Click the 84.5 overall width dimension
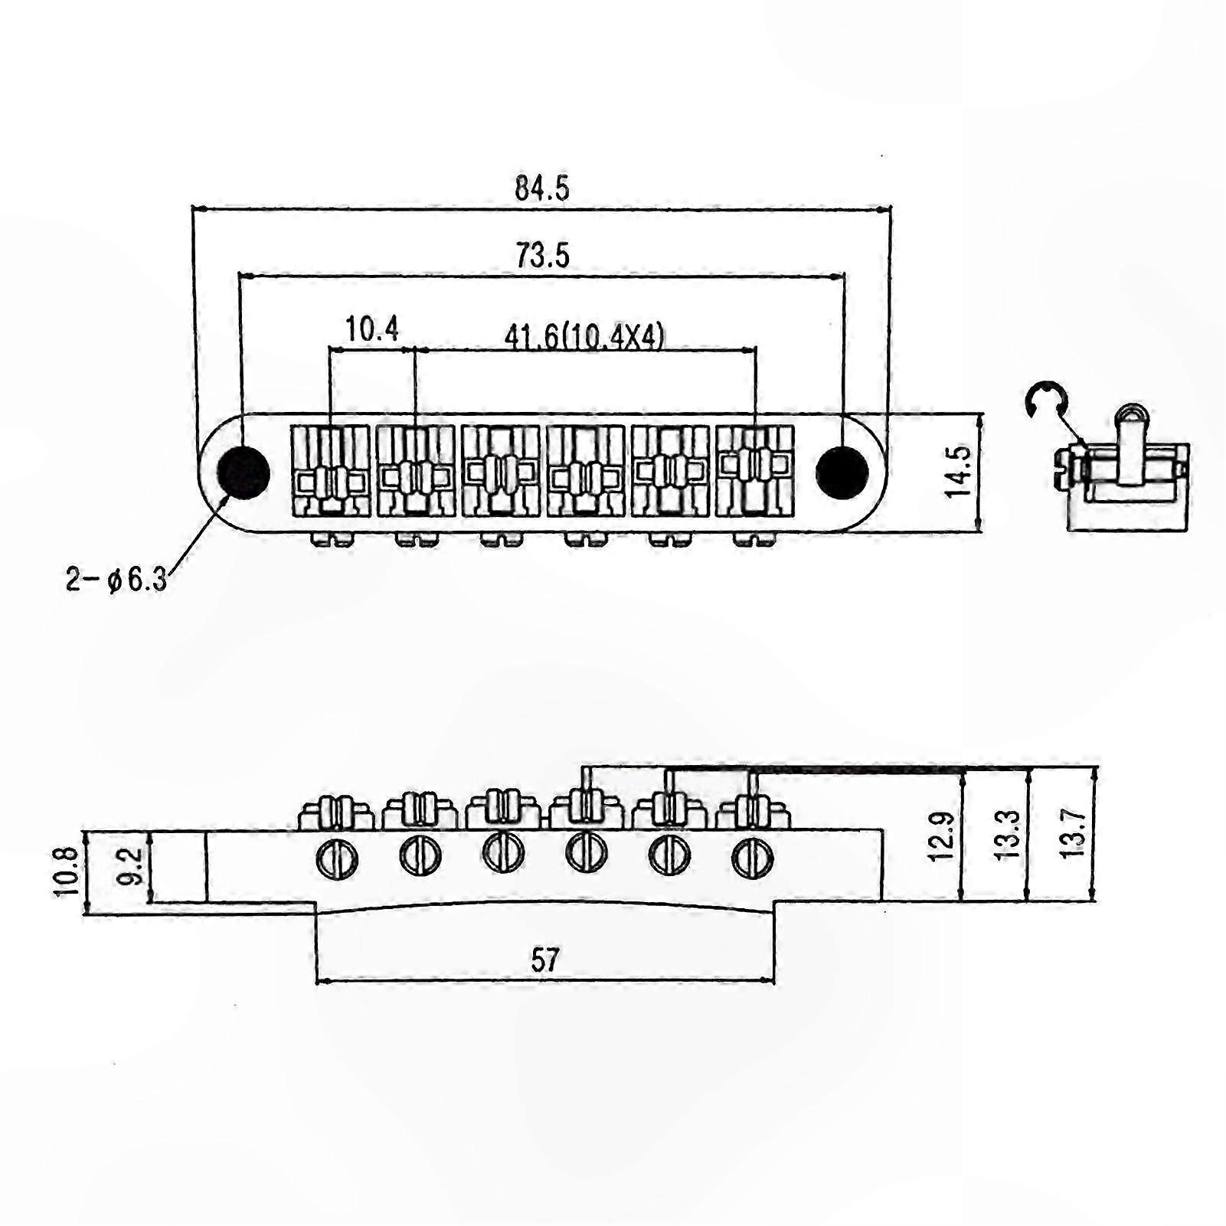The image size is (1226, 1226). [x=542, y=188]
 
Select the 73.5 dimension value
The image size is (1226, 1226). [x=542, y=255]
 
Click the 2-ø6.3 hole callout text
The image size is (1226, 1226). [x=116, y=580]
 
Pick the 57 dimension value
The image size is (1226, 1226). [x=545, y=960]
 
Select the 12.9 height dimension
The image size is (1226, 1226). [x=941, y=836]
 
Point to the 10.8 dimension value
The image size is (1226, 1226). [x=67, y=871]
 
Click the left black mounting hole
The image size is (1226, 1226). [x=244, y=472]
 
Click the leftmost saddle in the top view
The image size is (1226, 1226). [x=331, y=471]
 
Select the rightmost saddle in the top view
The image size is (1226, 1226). [x=755, y=471]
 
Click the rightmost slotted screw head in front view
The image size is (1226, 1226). [x=753, y=859]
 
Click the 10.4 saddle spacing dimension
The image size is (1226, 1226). [x=372, y=329]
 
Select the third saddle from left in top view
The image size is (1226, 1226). [x=501, y=471]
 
